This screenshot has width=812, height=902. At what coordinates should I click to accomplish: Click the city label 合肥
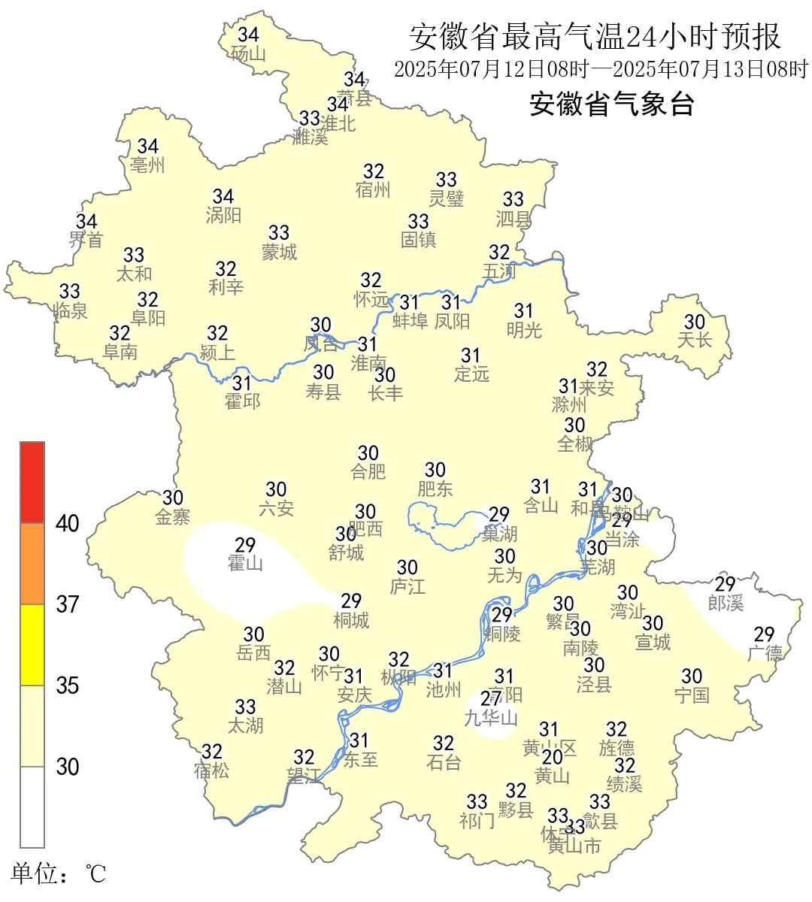click(x=368, y=472)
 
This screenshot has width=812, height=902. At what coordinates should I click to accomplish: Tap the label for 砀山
click(x=248, y=54)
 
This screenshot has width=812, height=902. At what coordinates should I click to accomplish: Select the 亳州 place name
click(x=147, y=165)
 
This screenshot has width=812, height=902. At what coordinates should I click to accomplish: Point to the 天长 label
click(x=694, y=341)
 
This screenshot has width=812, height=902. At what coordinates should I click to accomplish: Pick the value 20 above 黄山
click(x=553, y=757)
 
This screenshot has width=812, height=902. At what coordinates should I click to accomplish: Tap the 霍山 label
click(x=245, y=563)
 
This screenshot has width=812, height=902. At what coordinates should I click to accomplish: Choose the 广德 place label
click(x=765, y=653)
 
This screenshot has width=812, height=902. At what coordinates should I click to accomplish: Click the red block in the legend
click(x=32, y=482)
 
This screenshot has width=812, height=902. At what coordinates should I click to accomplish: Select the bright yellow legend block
click(x=32, y=645)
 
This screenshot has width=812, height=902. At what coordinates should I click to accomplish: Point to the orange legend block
click(x=32, y=564)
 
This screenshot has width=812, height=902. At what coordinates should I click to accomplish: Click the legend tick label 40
click(x=68, y=524)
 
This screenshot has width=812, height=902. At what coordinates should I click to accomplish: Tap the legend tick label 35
click(x=68, y=686)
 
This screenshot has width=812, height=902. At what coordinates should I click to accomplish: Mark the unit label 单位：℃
click(x=58, y=873)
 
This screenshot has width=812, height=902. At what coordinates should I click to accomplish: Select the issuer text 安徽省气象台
click(x=611, y=104)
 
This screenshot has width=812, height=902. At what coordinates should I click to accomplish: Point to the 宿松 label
click(x=211, y=770)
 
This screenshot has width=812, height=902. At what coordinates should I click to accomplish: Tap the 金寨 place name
click(x=173, y=516)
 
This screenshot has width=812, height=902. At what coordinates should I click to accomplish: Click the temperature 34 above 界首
click(x=86, y=222)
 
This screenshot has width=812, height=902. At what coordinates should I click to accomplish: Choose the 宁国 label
click(x=692, y=695)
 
